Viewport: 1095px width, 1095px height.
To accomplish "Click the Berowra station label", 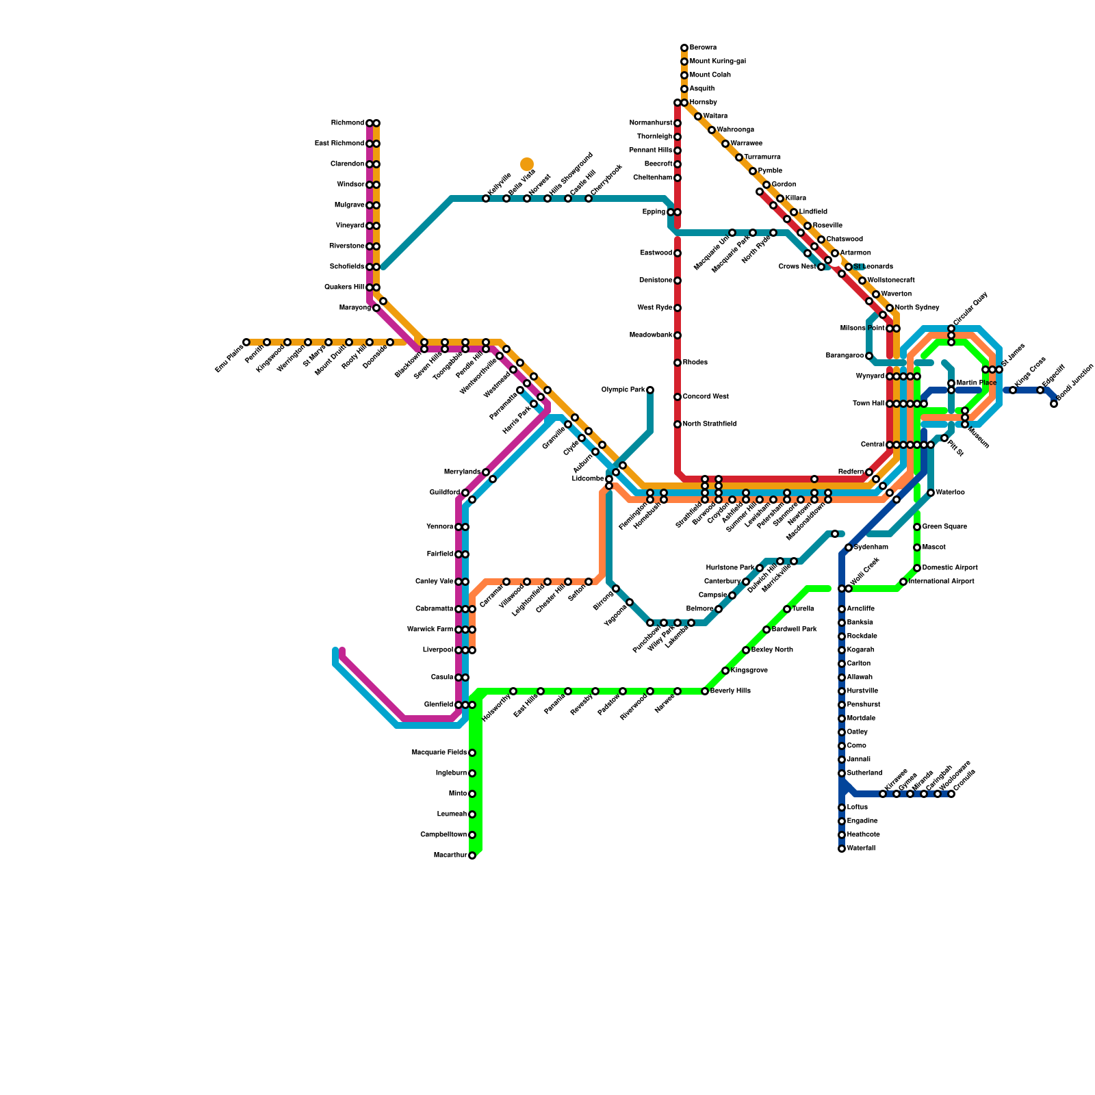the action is (x=703, y=48).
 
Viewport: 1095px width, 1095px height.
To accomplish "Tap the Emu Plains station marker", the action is (x=246, y=342).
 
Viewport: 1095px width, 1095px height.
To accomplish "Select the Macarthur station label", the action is (x=450, y=855).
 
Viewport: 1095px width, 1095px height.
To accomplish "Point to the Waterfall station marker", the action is (x=842, y=849).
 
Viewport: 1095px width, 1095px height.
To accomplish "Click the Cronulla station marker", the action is (x=951, y=794).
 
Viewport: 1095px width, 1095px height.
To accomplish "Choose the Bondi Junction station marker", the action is (x=1054, y=404).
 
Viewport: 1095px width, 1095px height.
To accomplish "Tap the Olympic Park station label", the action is (x=623, y=390).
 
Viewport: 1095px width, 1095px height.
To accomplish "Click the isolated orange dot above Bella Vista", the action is (x=527, y=164).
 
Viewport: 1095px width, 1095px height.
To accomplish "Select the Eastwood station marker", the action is (x=678, y=253).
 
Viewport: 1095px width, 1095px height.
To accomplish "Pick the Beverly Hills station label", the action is (x=730, y=691).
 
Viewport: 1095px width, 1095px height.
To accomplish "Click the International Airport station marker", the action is (x=903, y=582).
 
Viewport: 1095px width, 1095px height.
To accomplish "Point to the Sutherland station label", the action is (x=864, y=773).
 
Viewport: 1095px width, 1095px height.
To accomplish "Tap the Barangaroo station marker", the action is (x=869, y=356).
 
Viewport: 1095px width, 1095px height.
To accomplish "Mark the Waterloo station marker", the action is (x=931, y=493).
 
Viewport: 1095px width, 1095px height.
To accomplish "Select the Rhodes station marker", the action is (x=678, y=363).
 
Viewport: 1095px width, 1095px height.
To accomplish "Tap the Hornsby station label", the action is (x=702, y=103).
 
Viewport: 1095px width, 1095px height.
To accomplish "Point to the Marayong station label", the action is (x=355, y=308).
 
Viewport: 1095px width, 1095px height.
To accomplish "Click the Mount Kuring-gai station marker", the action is (x=684, y=62).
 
